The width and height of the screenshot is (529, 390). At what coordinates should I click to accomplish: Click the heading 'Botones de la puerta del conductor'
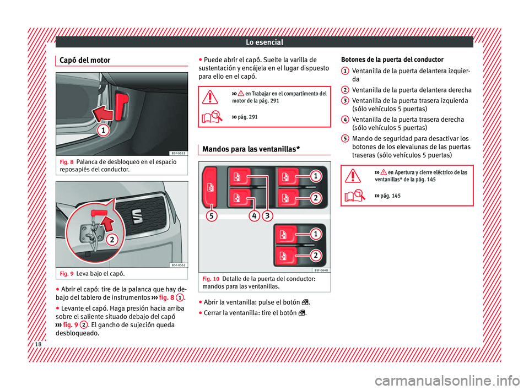point(392,59)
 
